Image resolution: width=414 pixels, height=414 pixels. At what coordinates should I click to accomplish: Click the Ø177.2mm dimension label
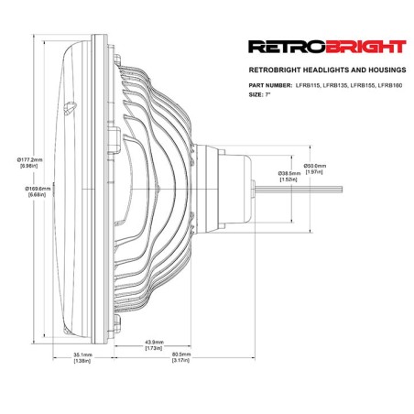pos(30,159)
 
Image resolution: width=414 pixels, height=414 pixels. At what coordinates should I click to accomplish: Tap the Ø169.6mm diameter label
pos(36,189)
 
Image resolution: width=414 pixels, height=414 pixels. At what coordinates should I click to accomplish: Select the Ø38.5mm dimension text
pos(289,173)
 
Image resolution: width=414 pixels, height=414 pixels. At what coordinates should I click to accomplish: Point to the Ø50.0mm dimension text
pos(315,166)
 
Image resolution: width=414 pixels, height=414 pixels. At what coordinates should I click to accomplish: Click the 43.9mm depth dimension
pos(154,342)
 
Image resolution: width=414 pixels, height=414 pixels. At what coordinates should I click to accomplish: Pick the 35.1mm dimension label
pos(82,354)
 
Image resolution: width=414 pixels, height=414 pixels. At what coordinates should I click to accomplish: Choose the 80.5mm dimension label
pos(181,354)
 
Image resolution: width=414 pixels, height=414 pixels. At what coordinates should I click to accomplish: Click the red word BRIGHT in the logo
pos(365,47)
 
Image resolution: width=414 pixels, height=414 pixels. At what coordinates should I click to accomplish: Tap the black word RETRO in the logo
pos(287,47)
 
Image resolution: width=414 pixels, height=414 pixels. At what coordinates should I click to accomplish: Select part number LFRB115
pos(308,85)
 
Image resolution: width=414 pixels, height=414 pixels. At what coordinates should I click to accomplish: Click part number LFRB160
pos(390,85)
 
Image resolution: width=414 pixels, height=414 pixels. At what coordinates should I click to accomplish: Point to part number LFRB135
pos(335,85)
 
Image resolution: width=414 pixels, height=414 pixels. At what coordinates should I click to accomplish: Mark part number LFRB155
pos(363,85)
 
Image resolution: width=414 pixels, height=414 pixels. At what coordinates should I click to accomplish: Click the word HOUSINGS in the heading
pos(388,70)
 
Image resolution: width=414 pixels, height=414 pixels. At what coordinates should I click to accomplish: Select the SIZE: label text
pos(256,94)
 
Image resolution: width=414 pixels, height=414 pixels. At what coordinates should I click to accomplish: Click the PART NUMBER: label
pos(270,85)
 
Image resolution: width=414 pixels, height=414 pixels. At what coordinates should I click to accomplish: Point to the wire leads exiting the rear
pos(299,190)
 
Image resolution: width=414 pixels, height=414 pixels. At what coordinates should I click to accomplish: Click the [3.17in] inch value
pos(181,360)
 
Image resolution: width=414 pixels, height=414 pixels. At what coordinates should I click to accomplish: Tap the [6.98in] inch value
pos(29,166)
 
